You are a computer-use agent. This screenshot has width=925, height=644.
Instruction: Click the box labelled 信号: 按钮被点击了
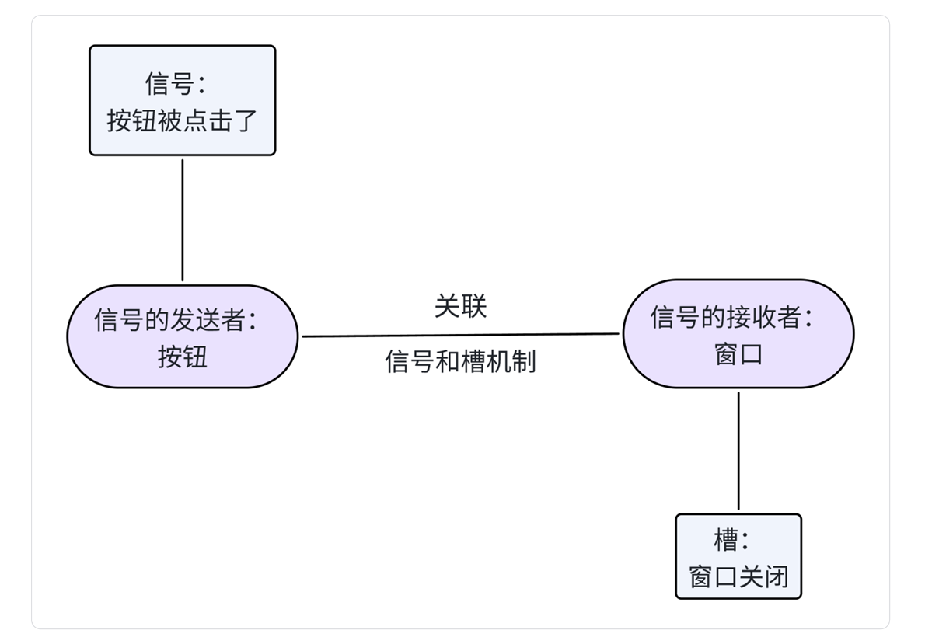coord(182,101)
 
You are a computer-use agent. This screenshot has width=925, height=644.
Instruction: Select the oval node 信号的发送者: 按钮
coord(182,336)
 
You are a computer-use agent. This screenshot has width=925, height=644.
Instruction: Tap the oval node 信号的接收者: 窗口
coord(738,334)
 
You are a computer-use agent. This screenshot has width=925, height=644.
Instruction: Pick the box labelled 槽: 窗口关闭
coord(738,556)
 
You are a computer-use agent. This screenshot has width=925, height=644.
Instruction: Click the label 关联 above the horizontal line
coord(460,306)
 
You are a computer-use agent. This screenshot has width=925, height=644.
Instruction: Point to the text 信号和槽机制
coord(460,361)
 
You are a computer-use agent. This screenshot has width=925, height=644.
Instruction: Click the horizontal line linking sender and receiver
coord(460,336)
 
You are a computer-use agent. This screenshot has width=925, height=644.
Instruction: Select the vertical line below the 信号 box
coord(183,220)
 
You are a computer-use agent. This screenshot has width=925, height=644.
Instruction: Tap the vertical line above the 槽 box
coord(738,451)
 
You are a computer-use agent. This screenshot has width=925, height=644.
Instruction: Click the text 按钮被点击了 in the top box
coord(182,120)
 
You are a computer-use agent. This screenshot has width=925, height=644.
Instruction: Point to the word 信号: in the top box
coord(175,83)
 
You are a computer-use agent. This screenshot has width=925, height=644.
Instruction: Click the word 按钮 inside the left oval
coord(183,357)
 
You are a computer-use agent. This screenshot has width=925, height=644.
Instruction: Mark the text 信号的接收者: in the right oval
coord(731,317)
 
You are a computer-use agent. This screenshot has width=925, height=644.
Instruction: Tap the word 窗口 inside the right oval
coord(738,354)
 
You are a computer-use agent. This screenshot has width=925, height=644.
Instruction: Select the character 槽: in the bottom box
coord(731,539)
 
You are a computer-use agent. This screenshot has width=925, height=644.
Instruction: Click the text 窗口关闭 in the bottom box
coord(738,576)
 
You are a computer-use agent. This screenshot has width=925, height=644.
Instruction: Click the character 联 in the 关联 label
coord(473,306)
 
